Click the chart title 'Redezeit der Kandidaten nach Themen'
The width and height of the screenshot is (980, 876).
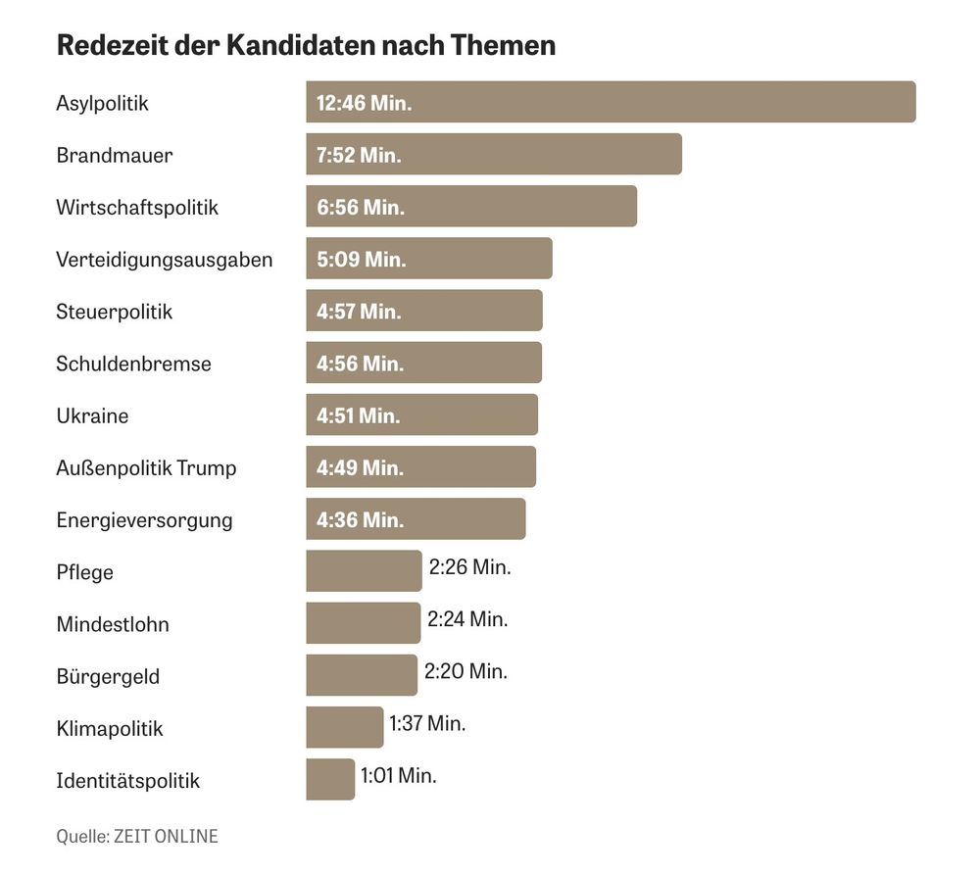point(306,45)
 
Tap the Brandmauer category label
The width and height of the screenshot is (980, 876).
point(115,155)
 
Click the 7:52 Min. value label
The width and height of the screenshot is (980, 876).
point(359,155)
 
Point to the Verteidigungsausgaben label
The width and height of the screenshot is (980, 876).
point(165,260)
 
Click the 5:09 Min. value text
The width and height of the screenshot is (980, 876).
point(361,260)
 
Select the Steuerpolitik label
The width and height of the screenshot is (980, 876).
point(115,312)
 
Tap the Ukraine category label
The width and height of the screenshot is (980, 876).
point(92,415)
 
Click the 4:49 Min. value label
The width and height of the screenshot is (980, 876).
point(359,467)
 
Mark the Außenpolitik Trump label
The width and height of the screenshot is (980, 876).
point(146,467)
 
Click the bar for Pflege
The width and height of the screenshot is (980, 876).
point(364,571)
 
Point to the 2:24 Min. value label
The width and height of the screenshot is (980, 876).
point(467,619)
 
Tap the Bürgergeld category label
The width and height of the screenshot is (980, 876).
point(108,676)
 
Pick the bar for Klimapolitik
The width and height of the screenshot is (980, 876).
point(344,727)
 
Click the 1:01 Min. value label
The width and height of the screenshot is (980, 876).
point(399,775)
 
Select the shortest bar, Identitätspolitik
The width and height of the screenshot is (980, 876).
point(330,779)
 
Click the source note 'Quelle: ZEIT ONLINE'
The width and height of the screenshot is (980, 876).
point(137,836)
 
